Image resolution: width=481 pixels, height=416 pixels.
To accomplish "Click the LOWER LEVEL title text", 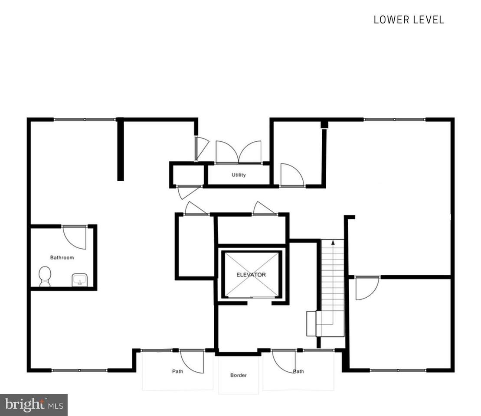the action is pyautogui.click(x=409, y=20).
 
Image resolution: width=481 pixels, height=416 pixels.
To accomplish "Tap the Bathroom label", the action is pyautogui.click(x=62, y=257).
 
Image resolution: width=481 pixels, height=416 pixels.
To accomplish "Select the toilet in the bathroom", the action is pyautogui.click(x=45, y=276).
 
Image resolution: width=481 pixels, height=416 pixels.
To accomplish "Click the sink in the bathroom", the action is pyautogui.click(x=80, y=280).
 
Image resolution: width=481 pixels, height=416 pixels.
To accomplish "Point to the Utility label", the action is pyautogui.click(x=239, y=175).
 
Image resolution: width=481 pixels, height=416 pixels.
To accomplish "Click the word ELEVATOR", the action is pyautogui.click(x=251, y=275).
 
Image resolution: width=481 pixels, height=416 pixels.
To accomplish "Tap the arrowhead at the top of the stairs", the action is pyautogui.click(x=333, y=243).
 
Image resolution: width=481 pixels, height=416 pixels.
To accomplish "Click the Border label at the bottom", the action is pyautogui.click(x=239, y=375).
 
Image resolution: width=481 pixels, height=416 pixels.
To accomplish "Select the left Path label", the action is pyautogui.click(x=178, y=371).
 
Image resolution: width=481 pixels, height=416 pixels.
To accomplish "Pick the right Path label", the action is pyautogui.click(x=298, y=371).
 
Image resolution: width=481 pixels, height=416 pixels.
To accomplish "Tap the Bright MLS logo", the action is pyautogui.click(x=34, y=405).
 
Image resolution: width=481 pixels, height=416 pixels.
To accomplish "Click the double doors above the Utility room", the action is pyautogui.click(x=239, y=152).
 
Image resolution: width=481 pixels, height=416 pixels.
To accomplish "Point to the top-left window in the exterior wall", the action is pyautogui.click(x=85, y=120).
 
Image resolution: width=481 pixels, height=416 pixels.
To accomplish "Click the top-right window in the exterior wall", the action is pyautogui.click(x=395, y=119).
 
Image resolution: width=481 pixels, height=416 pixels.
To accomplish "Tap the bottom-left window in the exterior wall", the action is pyautogui.click(x=79, y=370).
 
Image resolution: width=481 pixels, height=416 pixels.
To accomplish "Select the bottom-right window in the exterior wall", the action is pyautogui.click(x=398, y=370).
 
